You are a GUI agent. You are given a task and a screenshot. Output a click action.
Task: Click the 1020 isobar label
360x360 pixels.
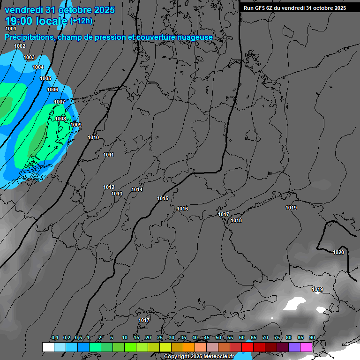click(338, 252)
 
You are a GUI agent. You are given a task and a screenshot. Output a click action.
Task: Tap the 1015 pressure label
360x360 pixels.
click(163, 198)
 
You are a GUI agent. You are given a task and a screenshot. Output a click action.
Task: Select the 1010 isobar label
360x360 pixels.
click(93, 137)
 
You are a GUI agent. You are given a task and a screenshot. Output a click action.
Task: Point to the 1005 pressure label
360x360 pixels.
click(45, 78)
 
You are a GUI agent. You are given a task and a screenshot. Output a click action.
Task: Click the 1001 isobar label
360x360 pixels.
click(11, 29)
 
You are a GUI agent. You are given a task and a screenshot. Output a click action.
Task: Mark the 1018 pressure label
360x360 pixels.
click(236, 220)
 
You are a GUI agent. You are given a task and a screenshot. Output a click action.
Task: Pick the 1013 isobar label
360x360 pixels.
click(117, 194)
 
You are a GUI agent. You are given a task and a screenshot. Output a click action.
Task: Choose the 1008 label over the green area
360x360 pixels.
click(60, 119)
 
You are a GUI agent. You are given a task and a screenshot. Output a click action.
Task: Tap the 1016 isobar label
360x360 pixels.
click(182, 209)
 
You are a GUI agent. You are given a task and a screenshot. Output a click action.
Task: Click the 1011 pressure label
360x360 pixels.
click(109, 155)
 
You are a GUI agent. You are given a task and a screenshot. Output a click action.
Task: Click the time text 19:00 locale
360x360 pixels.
click(36, 21)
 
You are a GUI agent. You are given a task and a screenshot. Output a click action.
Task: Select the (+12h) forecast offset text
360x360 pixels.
click(81, 21)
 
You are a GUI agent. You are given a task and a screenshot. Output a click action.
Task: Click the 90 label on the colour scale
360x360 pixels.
click(312, 337)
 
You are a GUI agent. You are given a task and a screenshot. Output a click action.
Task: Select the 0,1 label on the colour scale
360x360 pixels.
click(55, 337)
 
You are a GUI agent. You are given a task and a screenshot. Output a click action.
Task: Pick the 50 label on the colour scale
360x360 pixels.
click(218, 337)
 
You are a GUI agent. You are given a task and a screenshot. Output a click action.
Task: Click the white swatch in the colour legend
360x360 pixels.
click(48, 347)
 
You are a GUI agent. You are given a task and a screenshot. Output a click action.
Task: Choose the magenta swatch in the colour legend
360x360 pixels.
click(306, 347)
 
